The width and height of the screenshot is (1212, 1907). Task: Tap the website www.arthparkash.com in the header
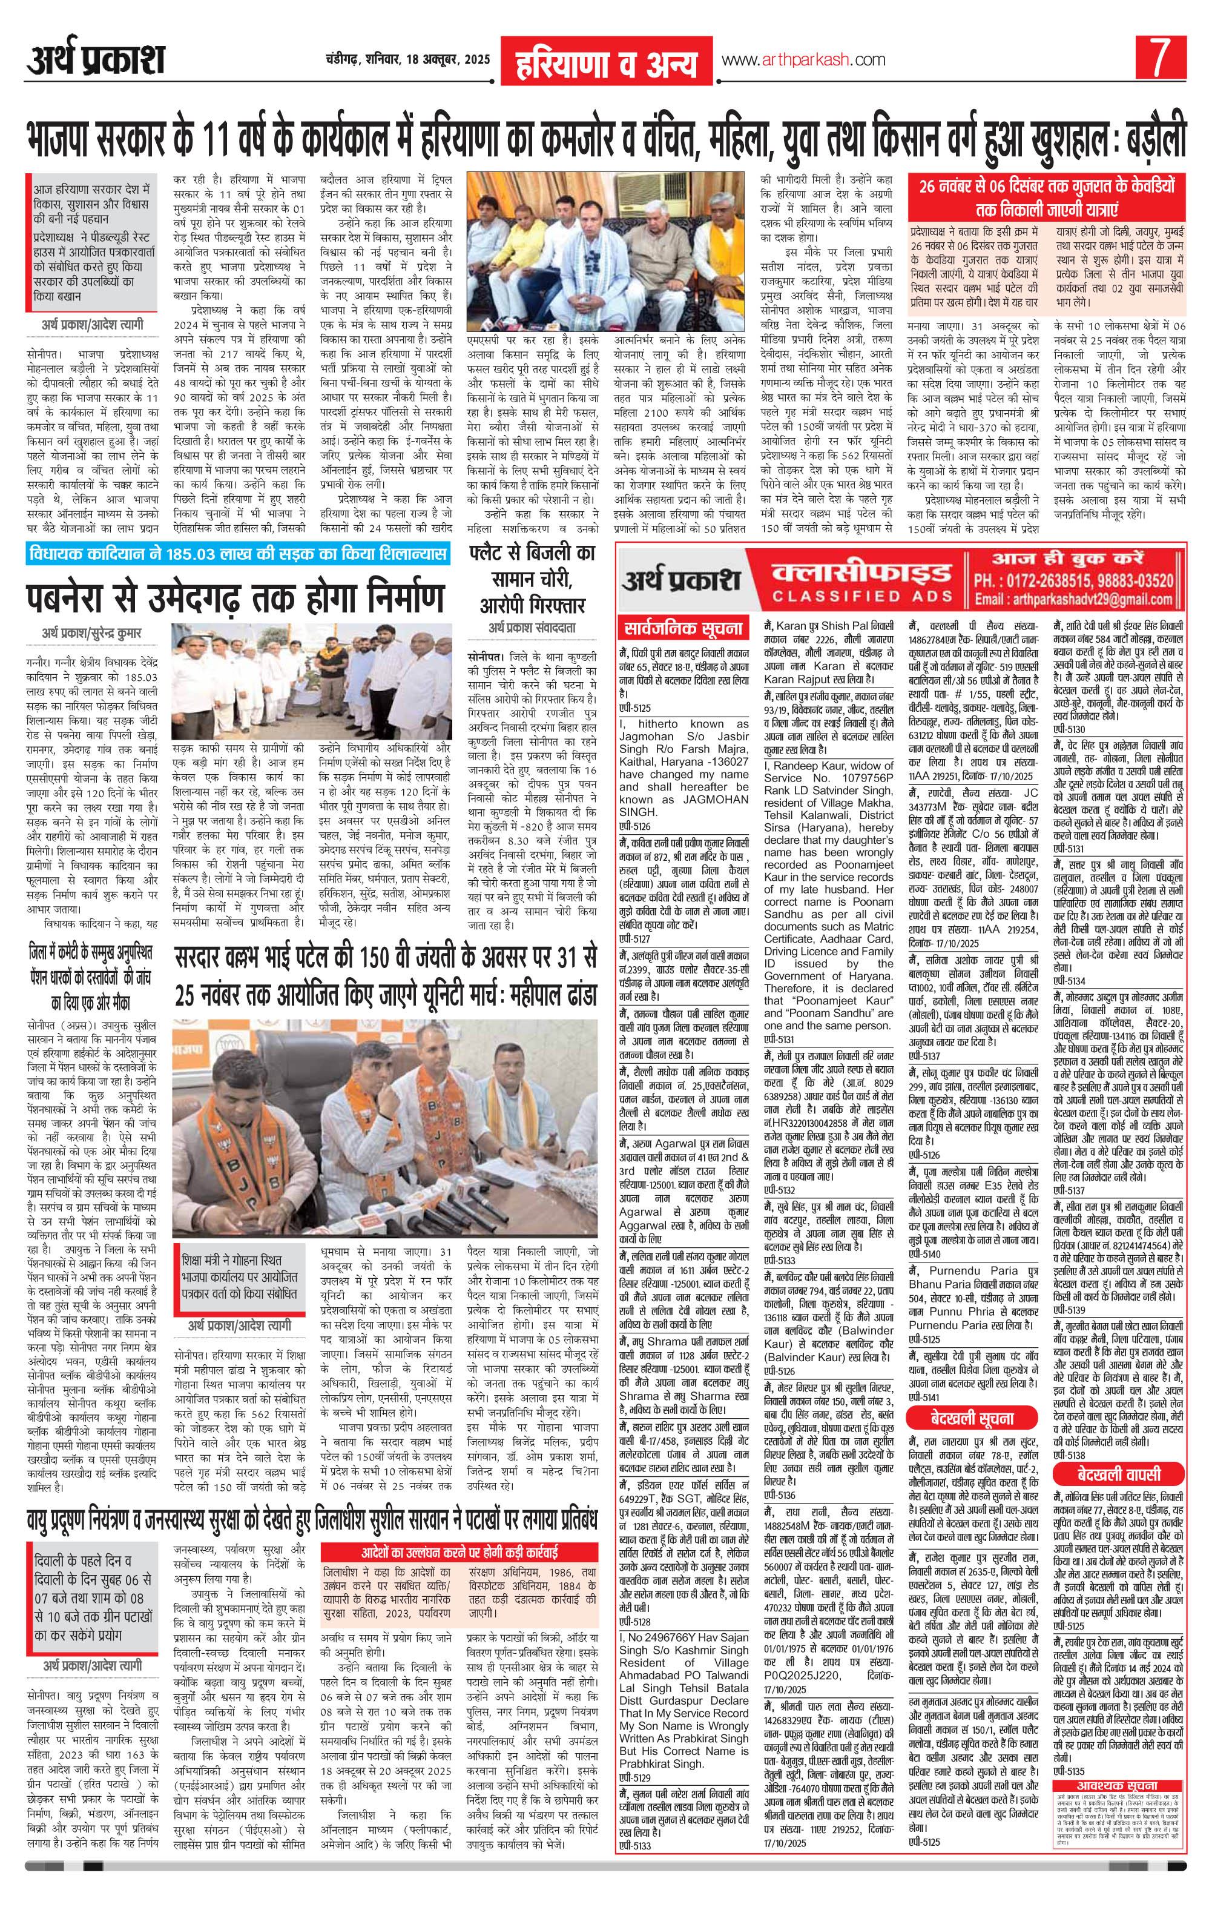tap(802, 60)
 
